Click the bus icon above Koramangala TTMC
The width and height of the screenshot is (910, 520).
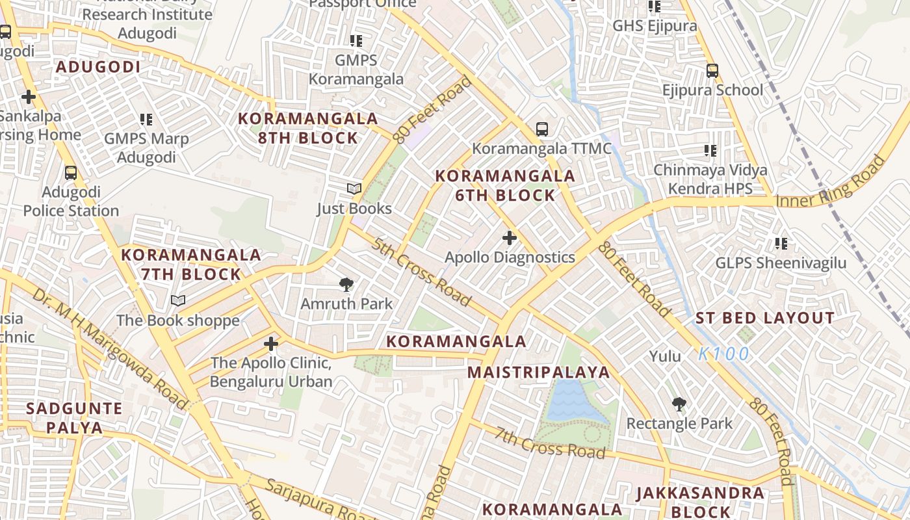click(542, 129)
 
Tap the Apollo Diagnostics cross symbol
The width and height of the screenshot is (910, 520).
click(510, 238)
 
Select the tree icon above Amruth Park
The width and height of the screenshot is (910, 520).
click(346, 284)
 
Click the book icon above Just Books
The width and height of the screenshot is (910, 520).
click(354, 189)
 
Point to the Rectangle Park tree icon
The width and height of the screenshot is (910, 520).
click(679, 404)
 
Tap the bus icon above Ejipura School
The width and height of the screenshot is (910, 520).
click(712, 70)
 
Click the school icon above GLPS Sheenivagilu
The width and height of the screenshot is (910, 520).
click(781, 244)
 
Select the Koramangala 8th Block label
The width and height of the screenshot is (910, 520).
click(307, 128)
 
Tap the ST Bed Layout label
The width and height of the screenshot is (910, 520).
click(765, 318)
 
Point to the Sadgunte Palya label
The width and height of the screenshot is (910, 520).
click(74, 418)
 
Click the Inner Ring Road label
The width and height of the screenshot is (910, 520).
click(831, 182)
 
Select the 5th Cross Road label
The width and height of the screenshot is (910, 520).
click(421, 272)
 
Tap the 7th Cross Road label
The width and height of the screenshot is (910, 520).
click(549, 443)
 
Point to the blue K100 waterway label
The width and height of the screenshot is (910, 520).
click(724, 354)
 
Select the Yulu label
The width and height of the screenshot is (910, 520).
click(665, 356)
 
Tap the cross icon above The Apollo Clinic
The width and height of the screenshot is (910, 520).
click(271, 343)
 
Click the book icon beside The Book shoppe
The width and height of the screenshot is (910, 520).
click(178, 300)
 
